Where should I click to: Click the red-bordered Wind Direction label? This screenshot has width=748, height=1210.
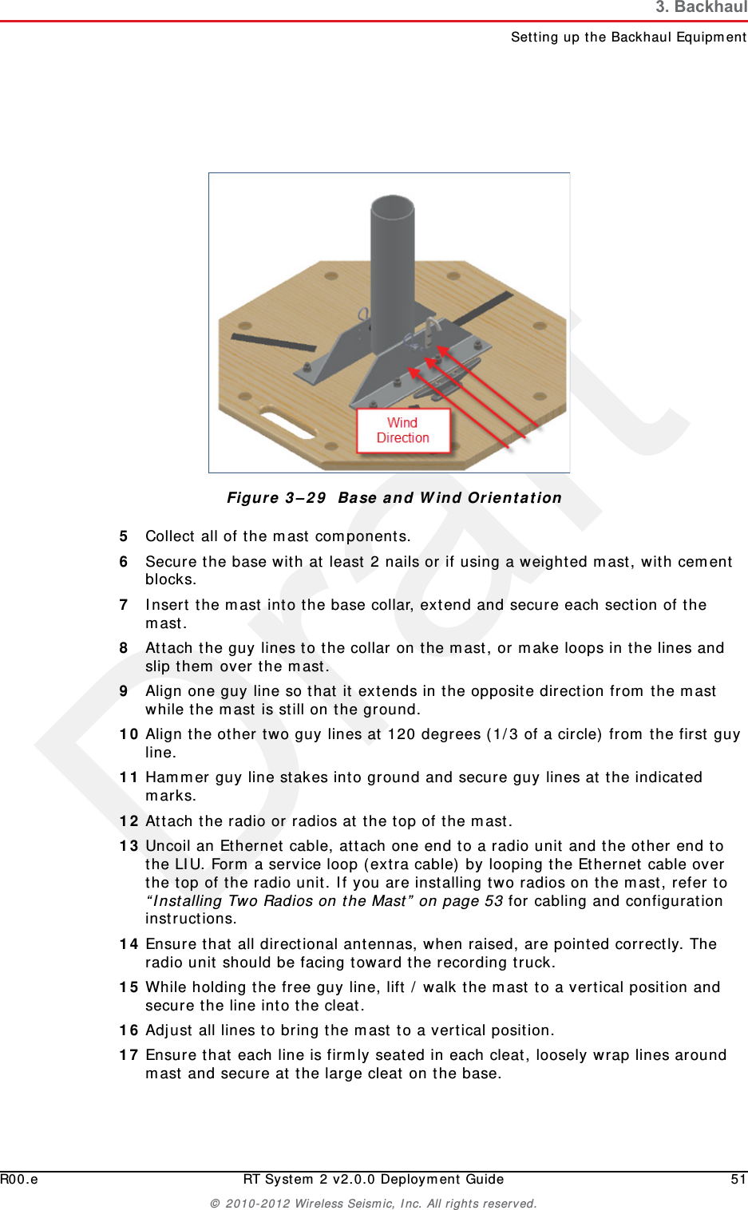tap(403, 430)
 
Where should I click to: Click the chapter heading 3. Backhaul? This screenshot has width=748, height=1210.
tap(701, 8)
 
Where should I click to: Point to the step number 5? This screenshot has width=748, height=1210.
tap(124, 536)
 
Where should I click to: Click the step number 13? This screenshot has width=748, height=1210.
tap(129, 846)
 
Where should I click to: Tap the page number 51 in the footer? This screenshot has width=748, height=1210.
tap(738, 1180)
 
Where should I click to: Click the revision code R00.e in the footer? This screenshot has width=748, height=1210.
tap(19, 1180)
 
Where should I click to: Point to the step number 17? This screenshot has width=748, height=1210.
tap(129, 1055)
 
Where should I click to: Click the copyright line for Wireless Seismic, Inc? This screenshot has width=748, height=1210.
tap(374, 1204)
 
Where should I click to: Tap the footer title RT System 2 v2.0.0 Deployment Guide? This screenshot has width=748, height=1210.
tap(374, 1180)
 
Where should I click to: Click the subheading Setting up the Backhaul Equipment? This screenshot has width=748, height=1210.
tap(628, 37)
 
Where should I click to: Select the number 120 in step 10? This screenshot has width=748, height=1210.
tap(402, 734)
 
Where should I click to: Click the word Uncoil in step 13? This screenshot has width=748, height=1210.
tap(168, 846)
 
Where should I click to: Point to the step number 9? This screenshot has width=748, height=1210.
tap(124, 691)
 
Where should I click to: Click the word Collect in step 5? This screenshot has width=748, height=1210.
tap(169, 536)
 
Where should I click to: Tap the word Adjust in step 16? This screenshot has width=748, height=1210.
tap(169, 1030)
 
